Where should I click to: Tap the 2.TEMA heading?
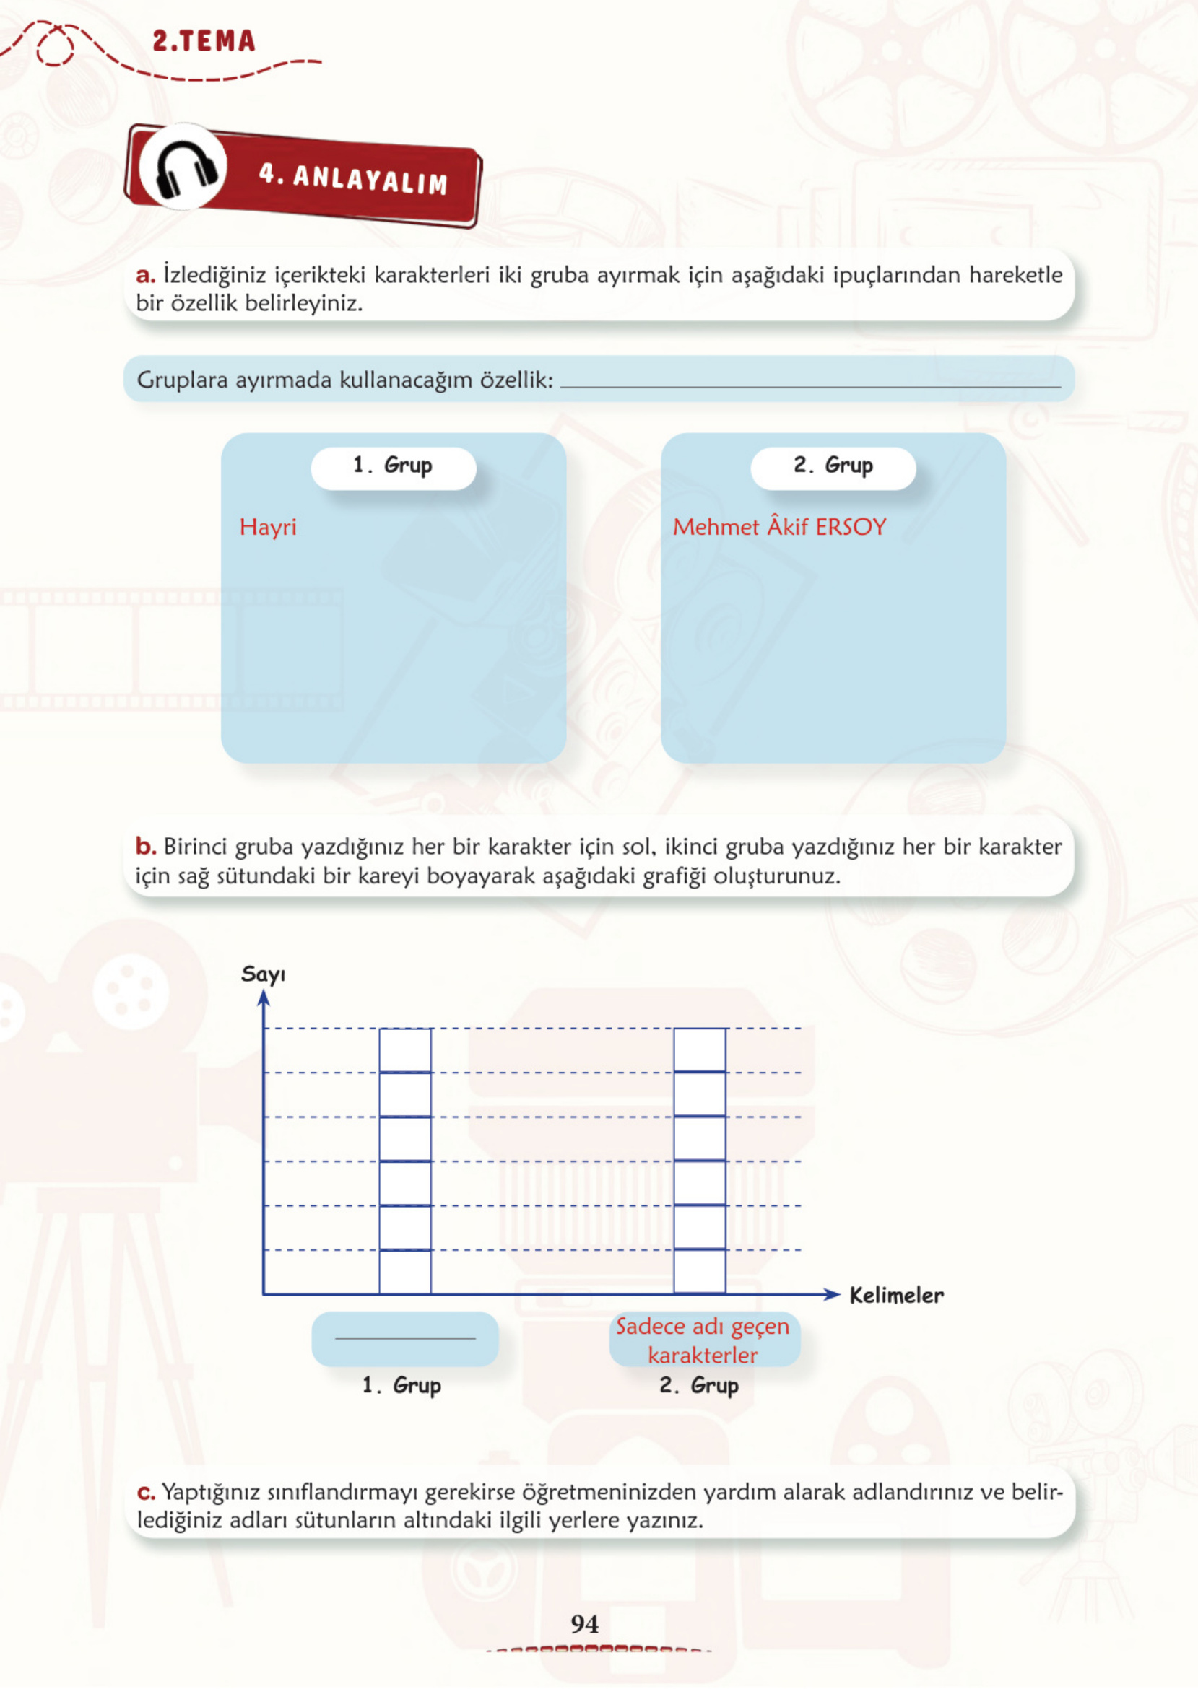204,40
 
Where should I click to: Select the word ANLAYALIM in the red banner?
370,179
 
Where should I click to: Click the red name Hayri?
268,526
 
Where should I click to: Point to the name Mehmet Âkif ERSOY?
779,525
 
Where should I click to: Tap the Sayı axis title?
264,974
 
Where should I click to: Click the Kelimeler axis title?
896,1295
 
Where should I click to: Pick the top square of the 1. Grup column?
405,1049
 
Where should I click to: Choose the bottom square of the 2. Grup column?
699,1272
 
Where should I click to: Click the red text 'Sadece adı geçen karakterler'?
703,1340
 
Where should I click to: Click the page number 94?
584,1623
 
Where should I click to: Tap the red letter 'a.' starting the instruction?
145,275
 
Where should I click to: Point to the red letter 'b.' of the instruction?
145,846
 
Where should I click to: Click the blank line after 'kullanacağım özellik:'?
811,386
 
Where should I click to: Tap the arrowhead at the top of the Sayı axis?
264,998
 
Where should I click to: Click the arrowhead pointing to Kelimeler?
832,1294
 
